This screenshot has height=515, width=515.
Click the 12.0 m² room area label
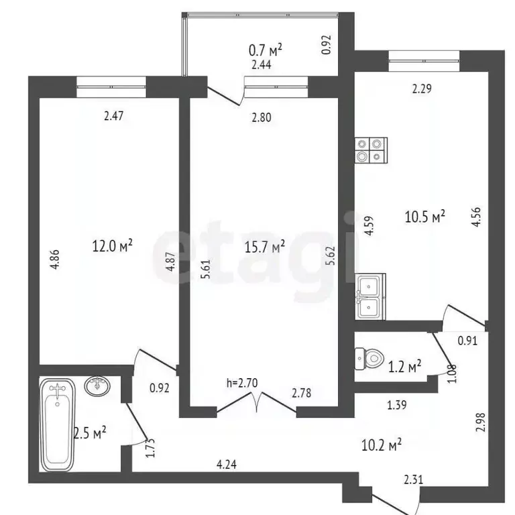(112, 246)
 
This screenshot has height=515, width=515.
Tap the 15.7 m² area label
(265, 246)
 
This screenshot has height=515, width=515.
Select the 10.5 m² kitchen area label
(425, 217)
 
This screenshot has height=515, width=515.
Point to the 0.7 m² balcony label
(265, 50)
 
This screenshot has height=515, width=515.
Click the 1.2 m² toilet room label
(405, 366)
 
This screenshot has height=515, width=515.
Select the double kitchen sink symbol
(370, 297)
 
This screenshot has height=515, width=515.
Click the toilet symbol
(367, 359)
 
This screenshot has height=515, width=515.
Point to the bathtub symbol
(59, 424)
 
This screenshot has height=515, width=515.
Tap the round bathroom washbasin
(99, 386)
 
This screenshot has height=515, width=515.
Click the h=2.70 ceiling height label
(241, 384)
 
